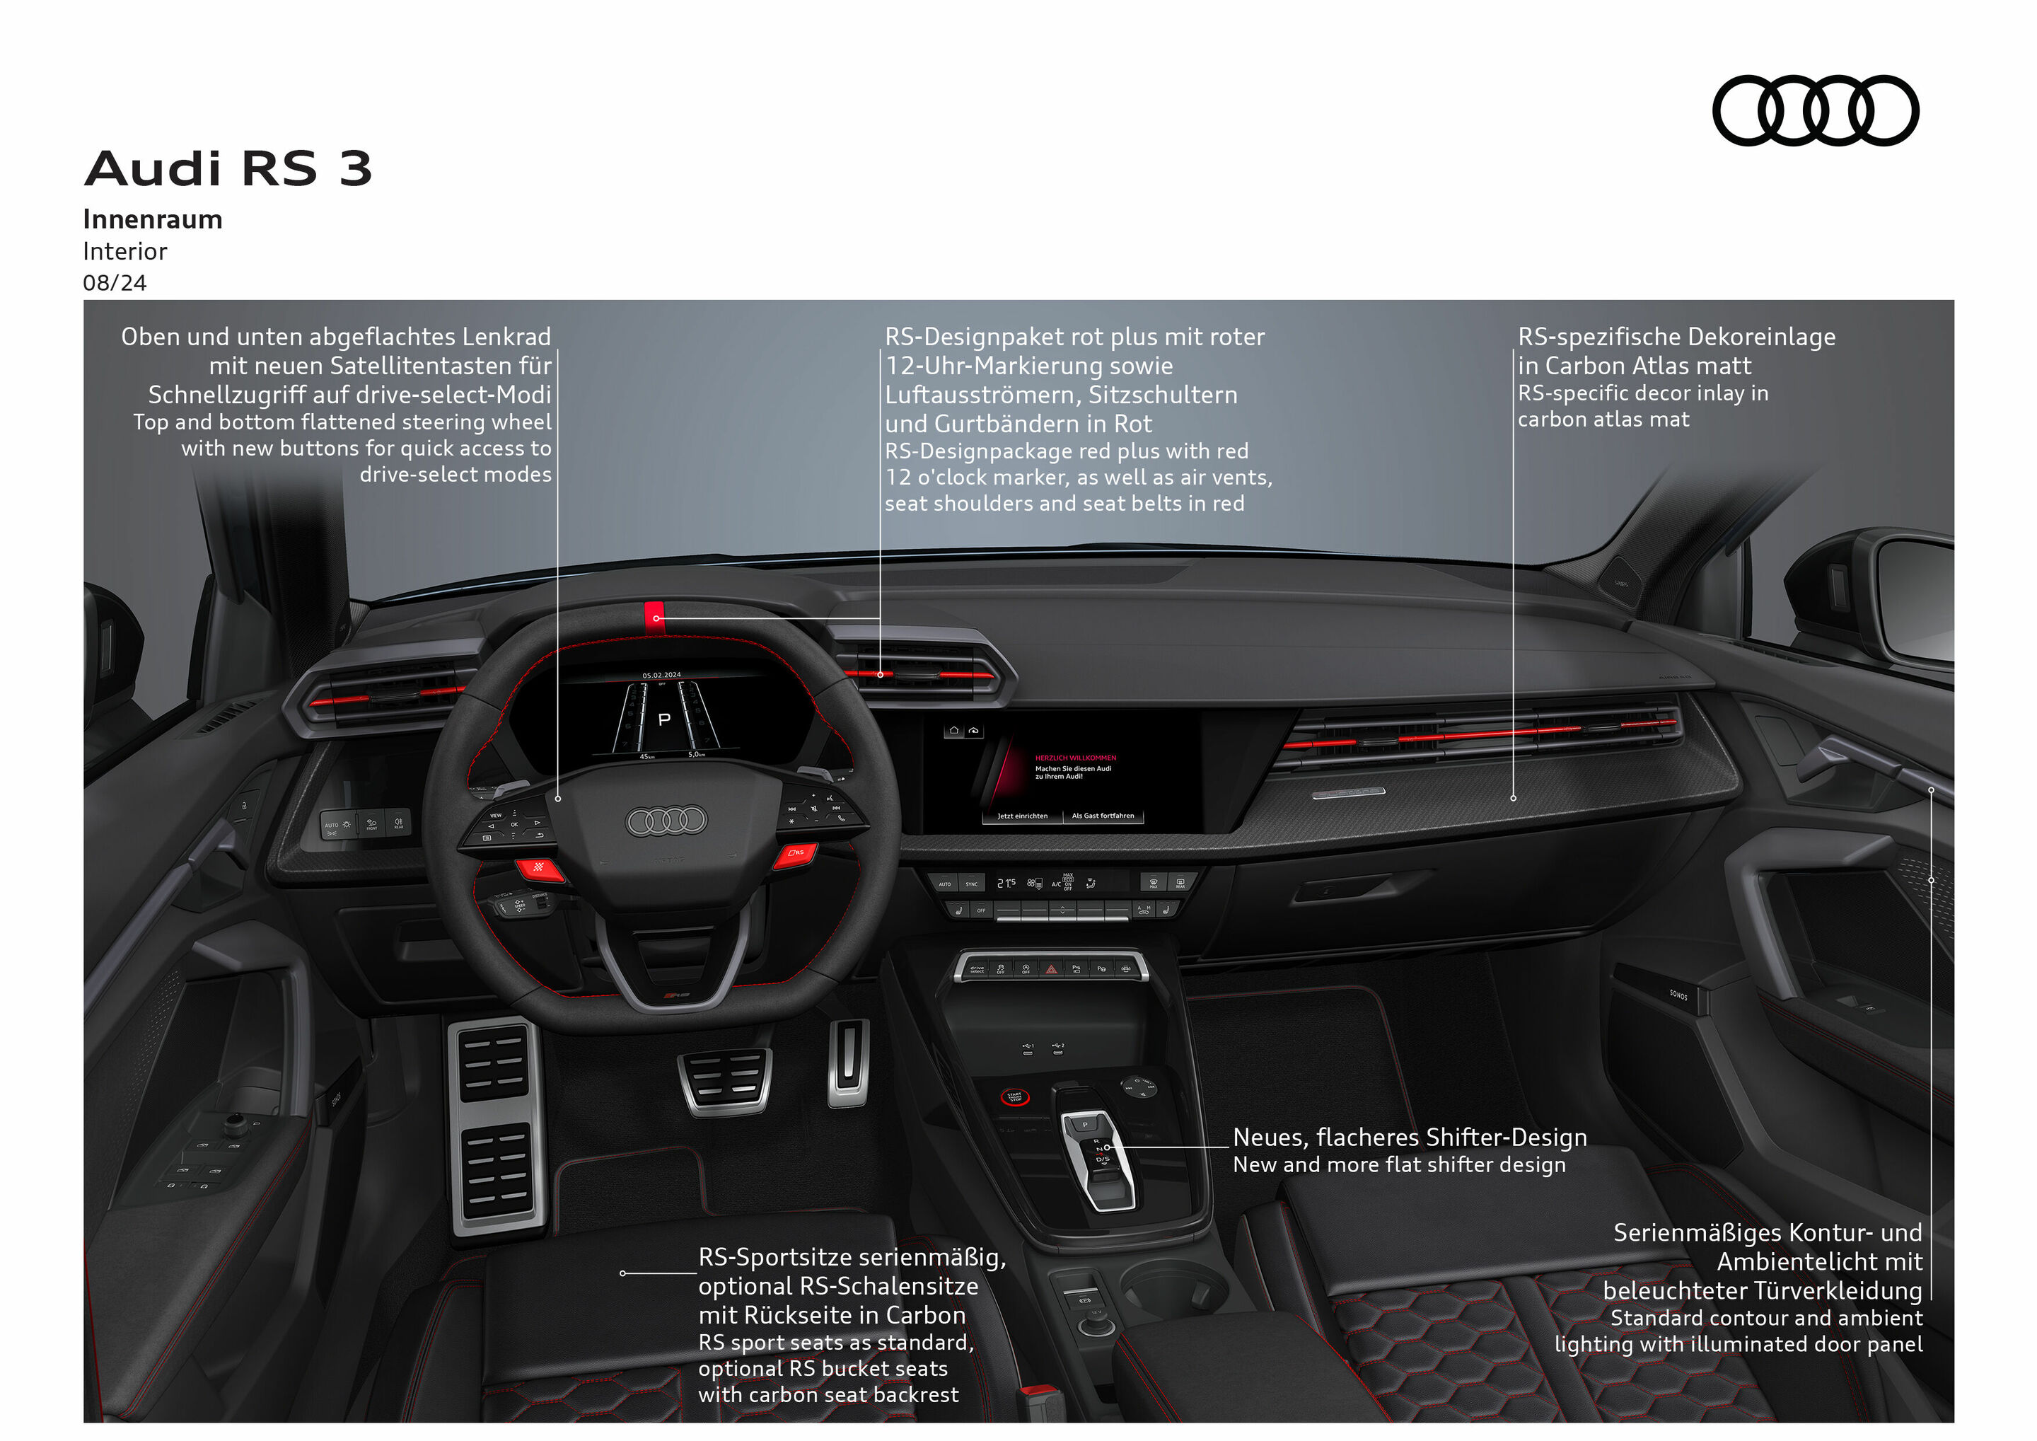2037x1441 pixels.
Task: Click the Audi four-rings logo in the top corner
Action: coord(1815,110)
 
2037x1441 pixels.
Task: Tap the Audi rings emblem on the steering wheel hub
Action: coord(666,821)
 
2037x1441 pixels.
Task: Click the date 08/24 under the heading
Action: coord(115,283)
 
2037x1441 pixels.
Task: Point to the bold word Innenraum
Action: coord(153,219)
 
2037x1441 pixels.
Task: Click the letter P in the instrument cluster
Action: coord(663,719)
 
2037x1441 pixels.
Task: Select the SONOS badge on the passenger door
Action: coord(1678,995)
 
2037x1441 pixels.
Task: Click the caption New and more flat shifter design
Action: coord(1399,1165)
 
